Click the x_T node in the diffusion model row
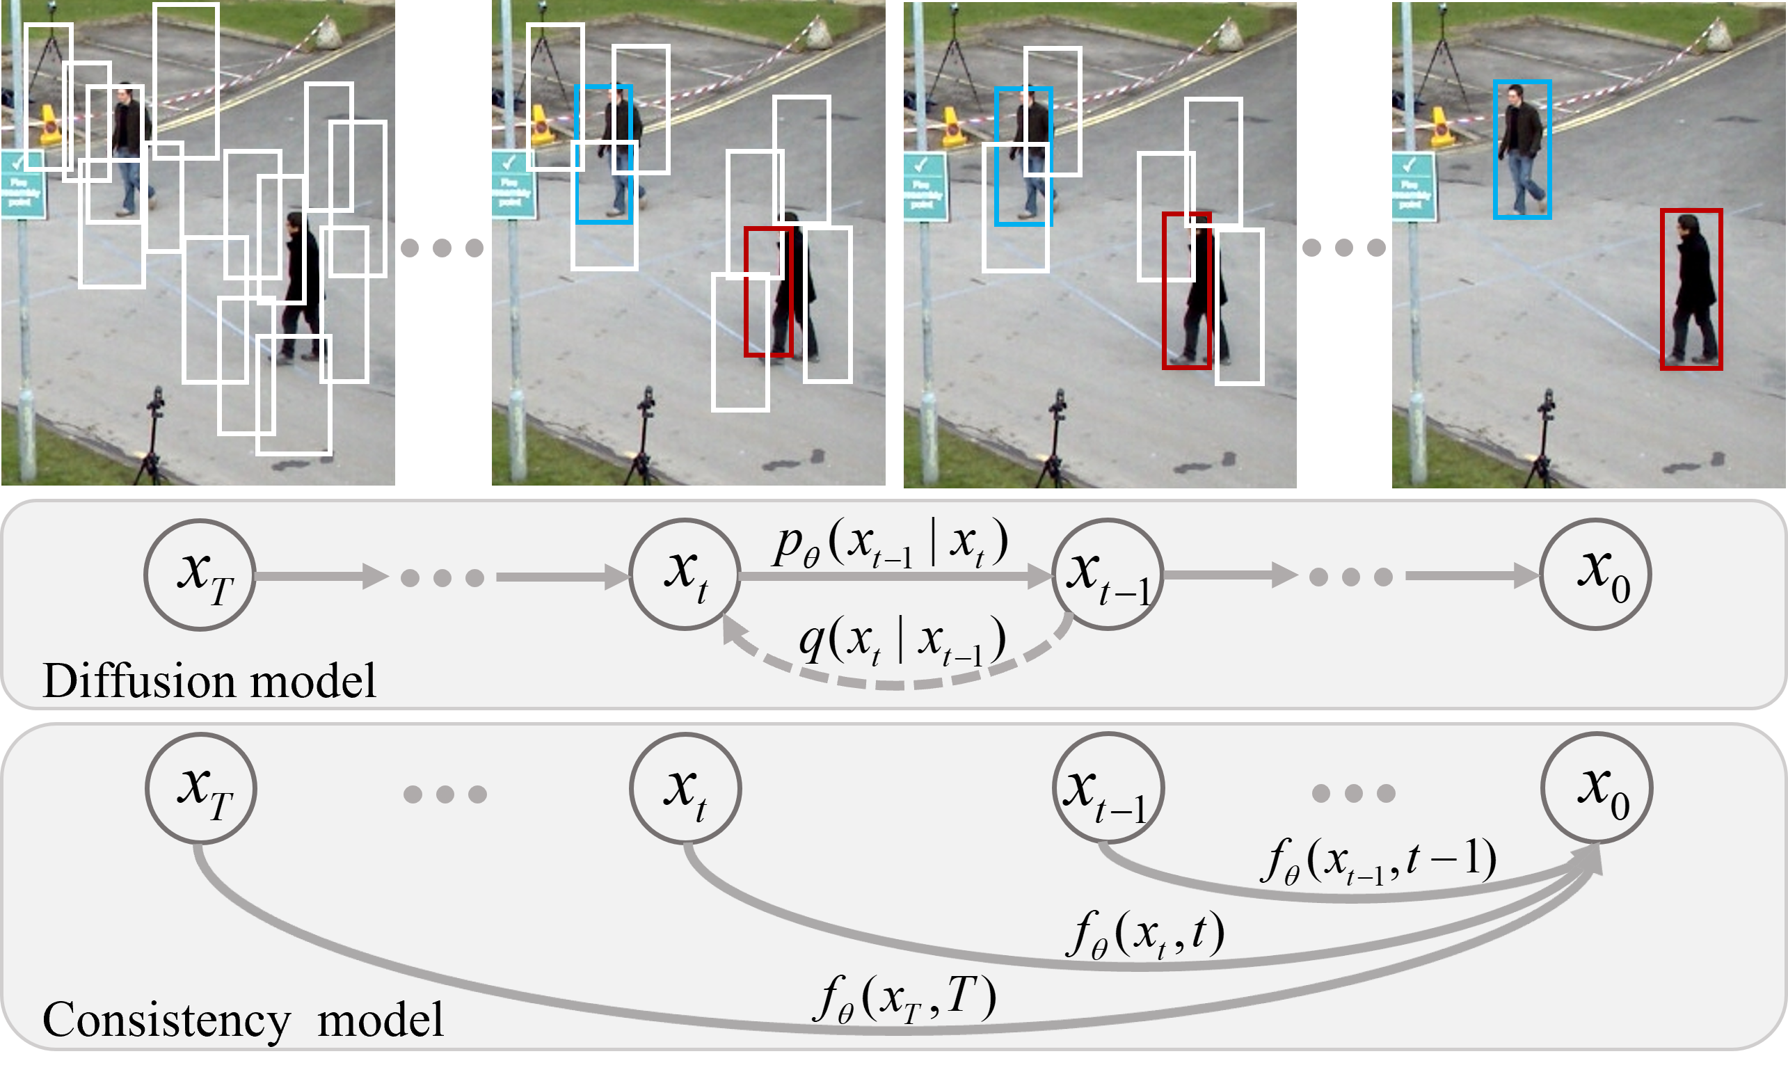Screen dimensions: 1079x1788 point(200,575)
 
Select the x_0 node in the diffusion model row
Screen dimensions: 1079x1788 point(1596,575)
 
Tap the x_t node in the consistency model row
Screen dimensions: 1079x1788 point(685,788)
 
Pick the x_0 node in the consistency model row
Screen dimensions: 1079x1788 point(1597,788)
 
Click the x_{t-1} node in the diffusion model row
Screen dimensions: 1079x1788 point(1108,575)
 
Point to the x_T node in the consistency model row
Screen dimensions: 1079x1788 point(201,788)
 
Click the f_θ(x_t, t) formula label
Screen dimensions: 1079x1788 point(1145,934)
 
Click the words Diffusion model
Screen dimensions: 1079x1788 point(209,680)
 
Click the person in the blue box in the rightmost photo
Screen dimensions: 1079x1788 point(1522,151)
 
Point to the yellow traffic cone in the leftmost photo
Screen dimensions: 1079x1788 point(49,125)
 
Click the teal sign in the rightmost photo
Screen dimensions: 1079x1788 point(1413,186)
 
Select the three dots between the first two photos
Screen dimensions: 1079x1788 point(442,248)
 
